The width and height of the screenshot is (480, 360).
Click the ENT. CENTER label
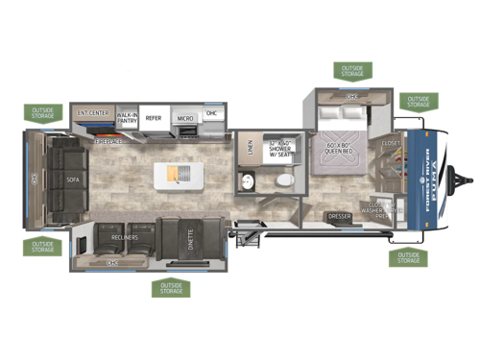point(93,112)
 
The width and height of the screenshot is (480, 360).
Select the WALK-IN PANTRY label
point(128,117)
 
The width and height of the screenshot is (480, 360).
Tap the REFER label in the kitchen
point(154,118)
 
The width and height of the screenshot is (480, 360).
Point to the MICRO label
point(184,119)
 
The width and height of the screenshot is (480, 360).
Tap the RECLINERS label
point(124,237)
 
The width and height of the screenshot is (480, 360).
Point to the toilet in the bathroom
point(283,182)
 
